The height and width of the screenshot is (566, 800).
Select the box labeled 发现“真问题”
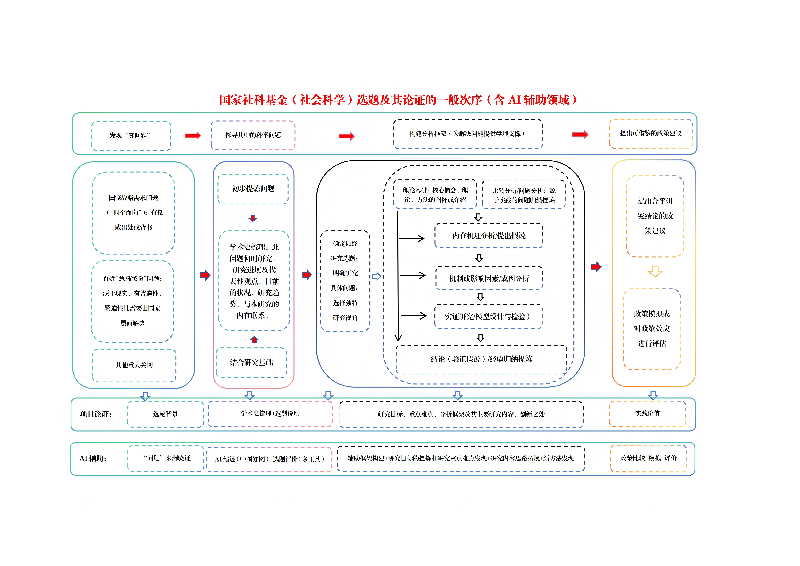point(131,136)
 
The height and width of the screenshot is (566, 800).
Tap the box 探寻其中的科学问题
point(253,135)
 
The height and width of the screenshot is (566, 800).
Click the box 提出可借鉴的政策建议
point(651,134)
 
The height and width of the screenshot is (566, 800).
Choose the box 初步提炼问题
point(253,189)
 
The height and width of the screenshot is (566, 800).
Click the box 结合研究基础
point(251,362)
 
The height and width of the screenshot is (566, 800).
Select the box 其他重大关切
point(134,365)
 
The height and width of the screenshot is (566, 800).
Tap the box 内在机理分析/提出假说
point(488,236)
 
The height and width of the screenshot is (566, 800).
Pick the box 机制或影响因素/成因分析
point(489,278)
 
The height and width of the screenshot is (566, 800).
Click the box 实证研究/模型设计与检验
point(488,316)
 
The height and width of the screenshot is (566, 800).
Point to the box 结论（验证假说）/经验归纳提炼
point(481,359)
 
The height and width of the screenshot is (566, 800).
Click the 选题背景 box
point(166,414)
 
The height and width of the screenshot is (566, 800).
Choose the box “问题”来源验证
point(166,458)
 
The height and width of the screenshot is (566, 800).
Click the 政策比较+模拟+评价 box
point(648,458)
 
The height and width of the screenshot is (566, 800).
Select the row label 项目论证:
point(96,414)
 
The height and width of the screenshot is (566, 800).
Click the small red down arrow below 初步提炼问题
point(253,218)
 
